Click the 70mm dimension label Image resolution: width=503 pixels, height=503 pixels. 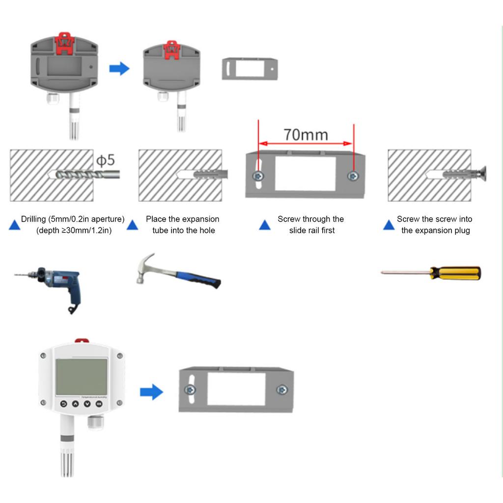tap(305, 134)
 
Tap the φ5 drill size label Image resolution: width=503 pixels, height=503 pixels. tap(105, 160)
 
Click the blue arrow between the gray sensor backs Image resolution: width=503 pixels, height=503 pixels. tap(119, 68)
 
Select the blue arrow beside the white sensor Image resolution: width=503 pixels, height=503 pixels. tap(151, 392)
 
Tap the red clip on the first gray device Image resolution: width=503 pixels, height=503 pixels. tap(64, 43)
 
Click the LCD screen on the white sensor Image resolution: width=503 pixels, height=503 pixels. tap(82, 377)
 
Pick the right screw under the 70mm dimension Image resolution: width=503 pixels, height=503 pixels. tap(351, 176)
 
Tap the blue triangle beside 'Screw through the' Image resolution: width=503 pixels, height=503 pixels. tap(265, 225)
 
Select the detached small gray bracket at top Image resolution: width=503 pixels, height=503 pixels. tap(250, 69)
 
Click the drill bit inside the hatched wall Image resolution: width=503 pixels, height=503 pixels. tap(79, 175)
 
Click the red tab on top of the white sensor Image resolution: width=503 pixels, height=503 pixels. tap(82, 340)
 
